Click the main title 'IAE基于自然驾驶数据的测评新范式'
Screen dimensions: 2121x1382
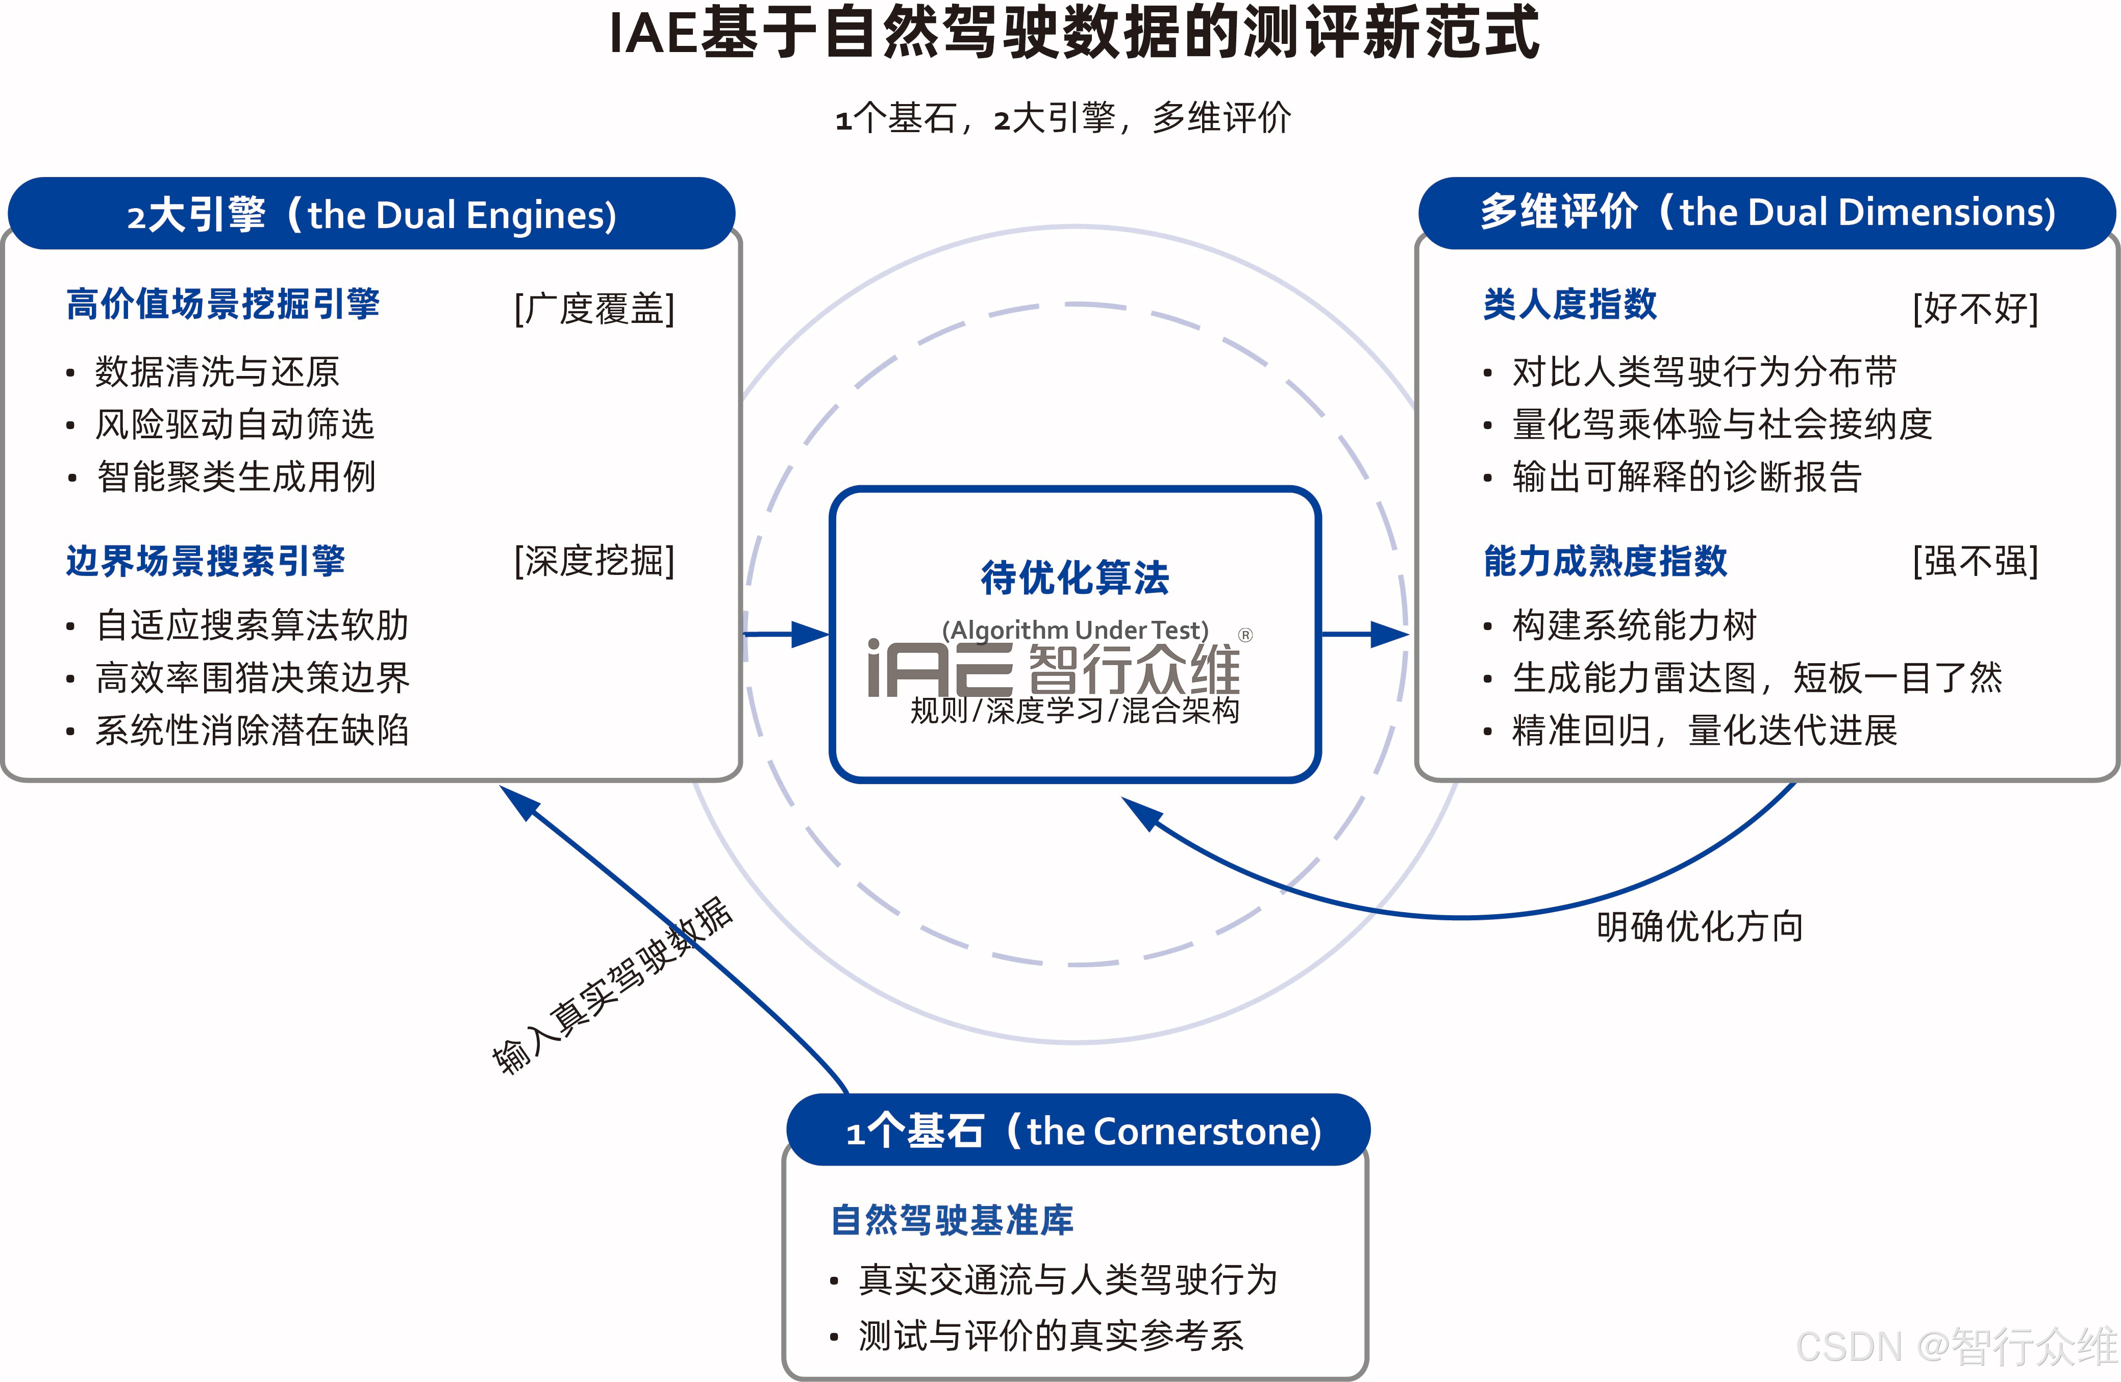tap(1074, 34)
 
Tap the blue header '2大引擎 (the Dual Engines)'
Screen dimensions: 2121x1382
tap(371, 215)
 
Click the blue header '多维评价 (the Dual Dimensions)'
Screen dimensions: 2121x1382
tap(1767, 213)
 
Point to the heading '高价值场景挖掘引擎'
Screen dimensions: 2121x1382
tap(223, 305)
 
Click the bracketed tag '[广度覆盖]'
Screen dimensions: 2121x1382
tap(594, 308)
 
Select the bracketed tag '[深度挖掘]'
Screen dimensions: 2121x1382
tap(594, 561)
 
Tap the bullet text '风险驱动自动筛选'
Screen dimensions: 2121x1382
tap(234, 424)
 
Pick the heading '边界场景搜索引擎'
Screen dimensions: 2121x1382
tap(205, 561)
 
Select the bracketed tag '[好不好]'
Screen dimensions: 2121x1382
tap(1975, 308)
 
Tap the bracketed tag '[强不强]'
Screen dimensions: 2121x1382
tap(1975, 561)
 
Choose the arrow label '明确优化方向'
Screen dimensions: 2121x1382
tap(1700, 926)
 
